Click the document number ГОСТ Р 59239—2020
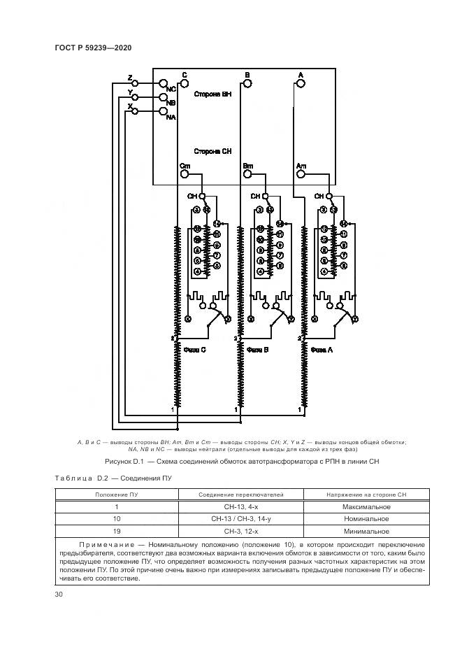tap(92, 47)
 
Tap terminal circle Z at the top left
tap(136, 83)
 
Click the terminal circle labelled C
tap(185, 83)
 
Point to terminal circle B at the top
tap(246, 83)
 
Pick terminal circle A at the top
tap(301, 83)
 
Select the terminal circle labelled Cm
tap(185, 175)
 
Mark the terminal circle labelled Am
tap(301, 175)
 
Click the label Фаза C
tap(194, 349)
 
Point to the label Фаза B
tap(257, 349)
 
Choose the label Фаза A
tap(321, 349)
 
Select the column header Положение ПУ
tap(117, 495)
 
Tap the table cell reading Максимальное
tap(366, 506)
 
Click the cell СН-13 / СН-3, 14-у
tap(240, 519)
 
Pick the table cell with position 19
tap(117, 532)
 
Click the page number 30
tap(59, 595)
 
